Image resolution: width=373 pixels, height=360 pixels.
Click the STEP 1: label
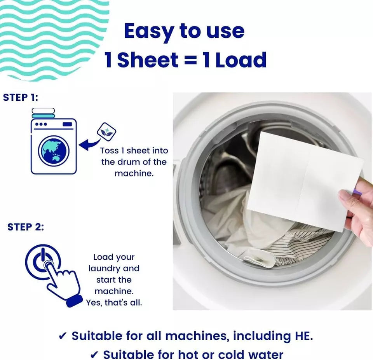point(21,98)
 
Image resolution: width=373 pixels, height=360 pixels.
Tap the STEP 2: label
point(26,227)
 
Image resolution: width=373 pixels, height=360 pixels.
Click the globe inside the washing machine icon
point(54,151)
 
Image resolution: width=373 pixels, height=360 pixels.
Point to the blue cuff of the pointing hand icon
point(73,301)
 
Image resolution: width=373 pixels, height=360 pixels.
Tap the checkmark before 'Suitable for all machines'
point(63,336)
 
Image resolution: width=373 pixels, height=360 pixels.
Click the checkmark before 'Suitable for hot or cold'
point(94,355)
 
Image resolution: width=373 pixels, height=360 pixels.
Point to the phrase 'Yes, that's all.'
point(114,302)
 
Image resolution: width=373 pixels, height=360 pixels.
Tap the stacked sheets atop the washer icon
point(43,113)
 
